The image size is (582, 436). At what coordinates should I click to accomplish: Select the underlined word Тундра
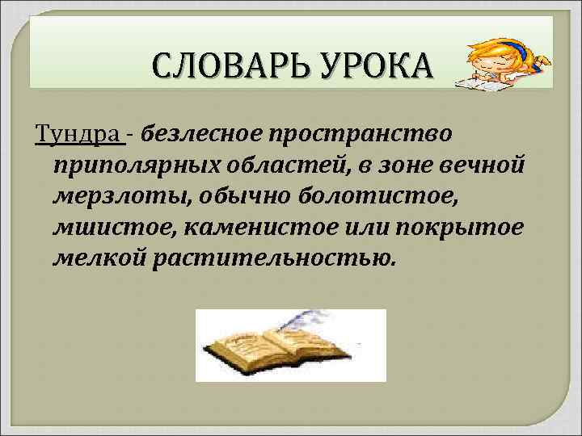[x=79, y=132]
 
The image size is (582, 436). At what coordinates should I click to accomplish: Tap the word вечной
[x=485, y=166]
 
